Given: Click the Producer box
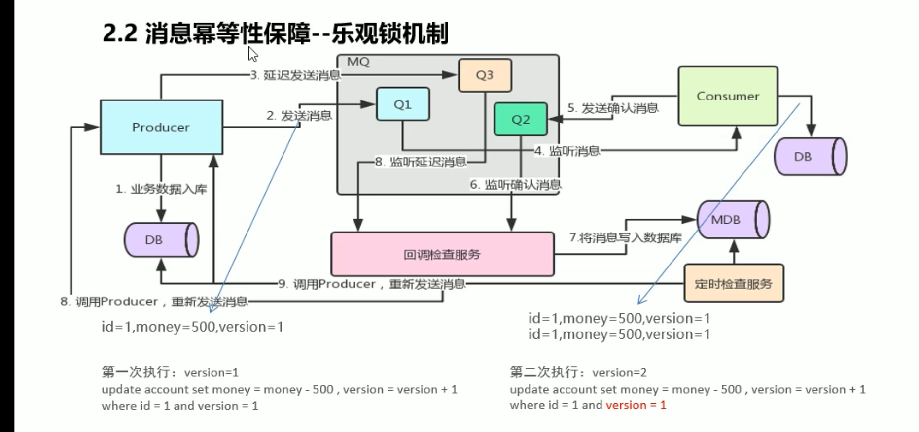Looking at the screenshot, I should (161, 127).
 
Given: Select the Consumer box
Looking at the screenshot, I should (728, 96).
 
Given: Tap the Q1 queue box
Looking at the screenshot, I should (403, 104).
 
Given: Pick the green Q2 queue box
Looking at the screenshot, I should (521, 120).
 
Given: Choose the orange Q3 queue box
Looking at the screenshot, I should (485, 75).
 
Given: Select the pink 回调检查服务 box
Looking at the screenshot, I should (442, 254).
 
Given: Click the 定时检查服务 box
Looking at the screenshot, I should (733, 284).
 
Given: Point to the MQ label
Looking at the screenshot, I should (358, 62).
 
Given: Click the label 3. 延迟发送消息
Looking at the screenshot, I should (295, 75).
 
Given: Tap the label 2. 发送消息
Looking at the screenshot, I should (299, 116).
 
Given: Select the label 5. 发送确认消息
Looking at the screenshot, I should (612, 108).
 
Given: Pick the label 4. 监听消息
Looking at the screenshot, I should (567, 151).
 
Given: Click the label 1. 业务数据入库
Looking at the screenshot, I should (161, 189).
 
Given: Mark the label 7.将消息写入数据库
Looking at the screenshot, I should (625, 238).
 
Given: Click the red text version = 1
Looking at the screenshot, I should (636, 405).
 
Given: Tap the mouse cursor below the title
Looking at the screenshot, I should (252, 54).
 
